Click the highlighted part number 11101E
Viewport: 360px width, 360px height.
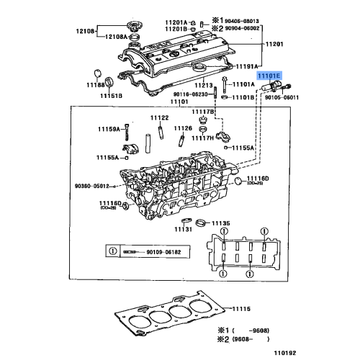pos(271,75)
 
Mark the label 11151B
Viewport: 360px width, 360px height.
pos(110,94)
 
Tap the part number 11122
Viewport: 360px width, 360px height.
pos(159,118)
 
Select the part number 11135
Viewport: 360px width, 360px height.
pos(220,224)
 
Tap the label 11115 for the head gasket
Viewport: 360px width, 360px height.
pos(243,309)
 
